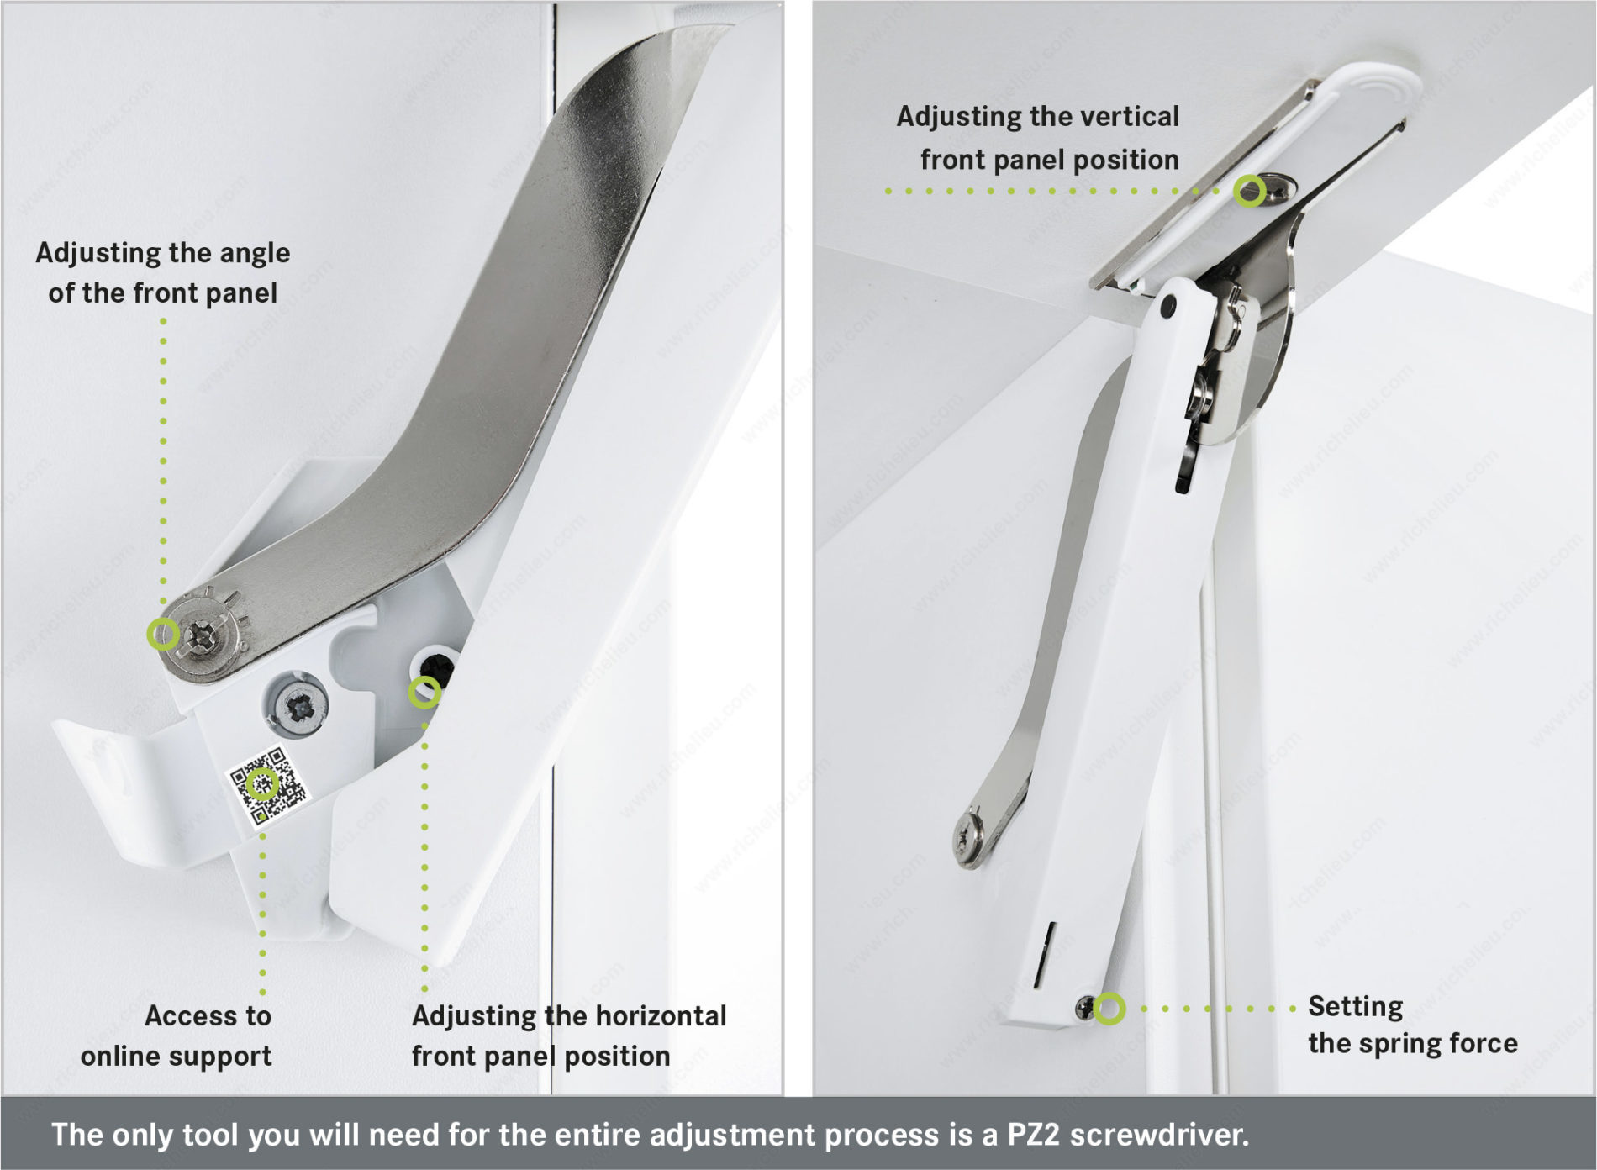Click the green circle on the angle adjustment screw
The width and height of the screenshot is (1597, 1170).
click(163, 633)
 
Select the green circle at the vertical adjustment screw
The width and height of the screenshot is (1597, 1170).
click(1250, 191)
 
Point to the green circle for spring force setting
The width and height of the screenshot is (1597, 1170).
click(1109, 1008)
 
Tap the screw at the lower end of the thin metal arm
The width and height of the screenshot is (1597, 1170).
click(971, 838)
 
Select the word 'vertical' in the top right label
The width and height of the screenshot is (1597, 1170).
click(1127, 116)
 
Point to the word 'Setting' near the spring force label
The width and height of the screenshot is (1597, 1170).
click(1355, 1007)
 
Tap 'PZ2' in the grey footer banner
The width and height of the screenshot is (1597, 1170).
click(1032, 1135)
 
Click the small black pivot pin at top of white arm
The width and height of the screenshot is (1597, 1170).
click(1167, 308)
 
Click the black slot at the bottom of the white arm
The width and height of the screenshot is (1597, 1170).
click(1045, 953)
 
